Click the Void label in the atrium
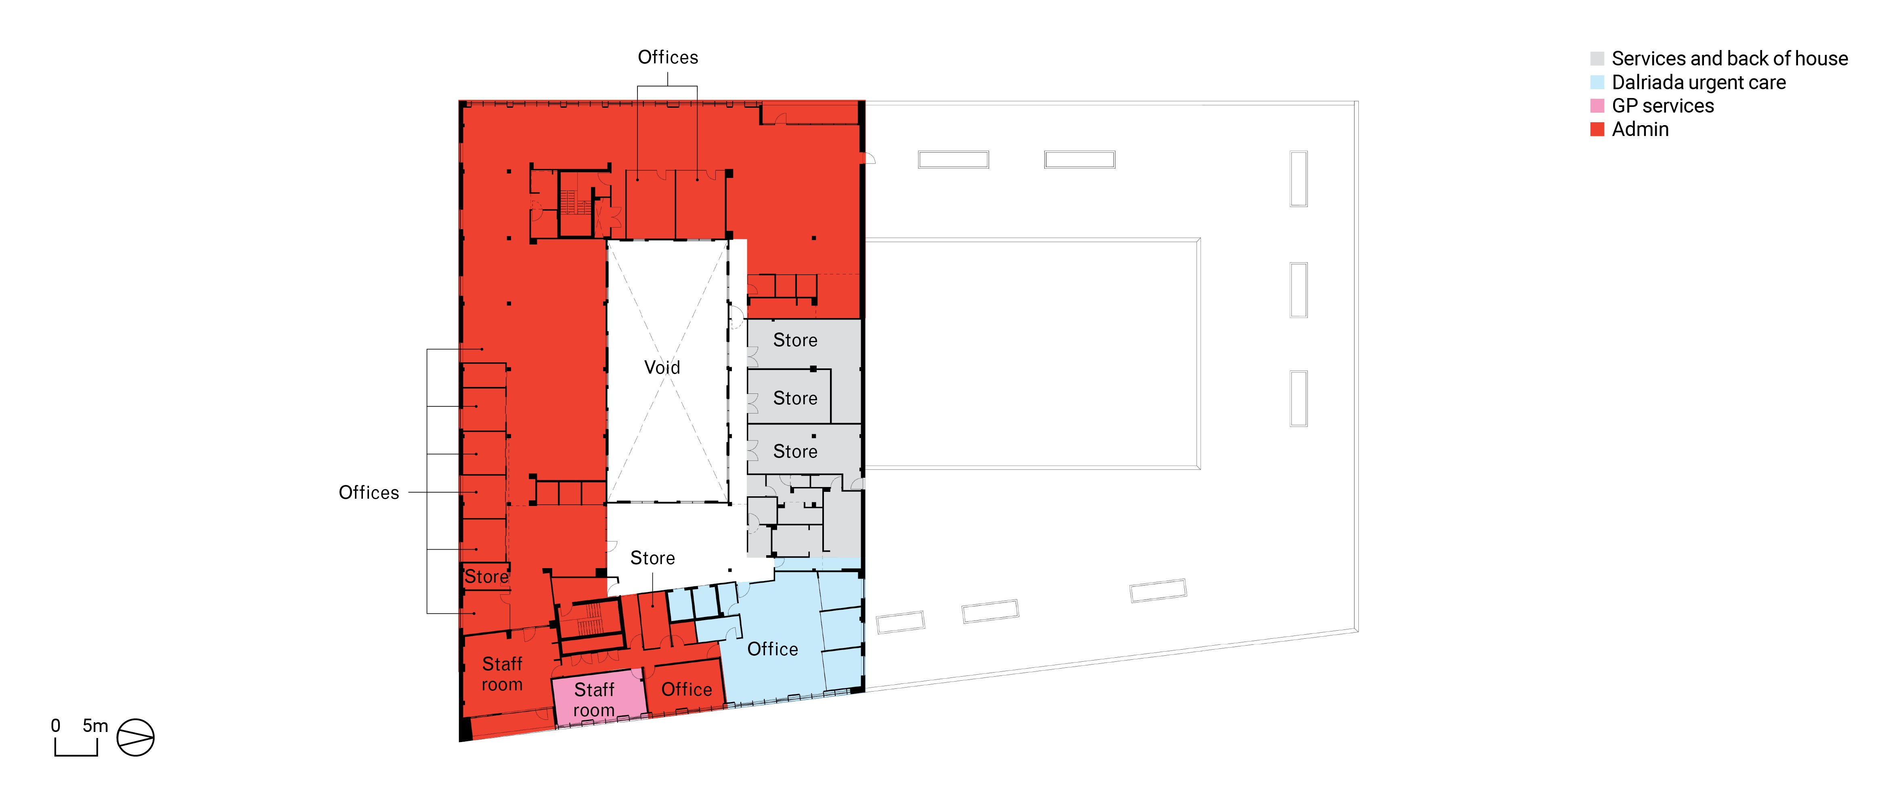(x=662, y=367)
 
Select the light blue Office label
(x=772, y=649)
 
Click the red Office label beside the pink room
(x=687, y=689)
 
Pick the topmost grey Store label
(x=795, y=340)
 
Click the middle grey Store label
(x=795, y=398)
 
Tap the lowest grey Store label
(x=795, y=452)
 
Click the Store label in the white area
(x=652, y=558)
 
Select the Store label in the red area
(x=486, y=577)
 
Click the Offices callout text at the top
(x=668, y=57)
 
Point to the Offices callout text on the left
(x=369, y=493)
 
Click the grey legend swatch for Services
(x=1597, y=59)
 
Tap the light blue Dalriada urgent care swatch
(x=1597, y=82)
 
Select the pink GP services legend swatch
(x=1597, y=105)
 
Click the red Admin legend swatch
(x=1597, y=129)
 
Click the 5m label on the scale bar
(x=95, y=726)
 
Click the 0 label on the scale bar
(x=56, y=726)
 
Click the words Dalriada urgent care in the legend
(x=1699, y=82)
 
